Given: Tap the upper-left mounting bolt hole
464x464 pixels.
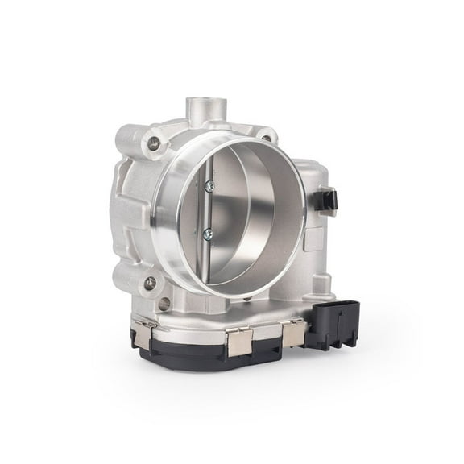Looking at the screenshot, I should coord(152,145).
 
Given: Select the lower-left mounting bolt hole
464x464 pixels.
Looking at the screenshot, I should coord(150,283).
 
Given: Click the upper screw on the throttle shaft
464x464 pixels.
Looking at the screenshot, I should coord(209,186).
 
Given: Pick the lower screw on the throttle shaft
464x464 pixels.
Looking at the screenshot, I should coord(209,234).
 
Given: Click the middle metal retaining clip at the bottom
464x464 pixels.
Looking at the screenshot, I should coord(240,342).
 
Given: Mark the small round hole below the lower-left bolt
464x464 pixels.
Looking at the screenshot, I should coord(164,304).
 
